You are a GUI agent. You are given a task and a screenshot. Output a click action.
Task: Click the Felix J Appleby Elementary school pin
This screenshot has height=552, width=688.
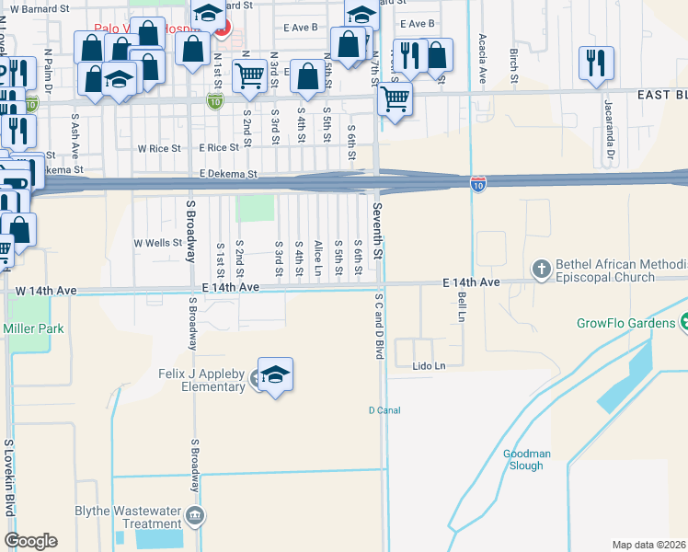(275, 374)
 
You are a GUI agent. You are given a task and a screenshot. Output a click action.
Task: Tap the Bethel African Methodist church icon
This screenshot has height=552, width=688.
(542, 268)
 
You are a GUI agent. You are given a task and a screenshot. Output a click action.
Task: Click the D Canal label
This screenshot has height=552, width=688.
(384, 410)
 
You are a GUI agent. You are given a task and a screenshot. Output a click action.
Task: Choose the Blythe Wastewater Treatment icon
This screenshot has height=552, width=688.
(193, 514)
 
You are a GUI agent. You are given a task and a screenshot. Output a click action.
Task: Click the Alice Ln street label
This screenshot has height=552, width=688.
(318, 259)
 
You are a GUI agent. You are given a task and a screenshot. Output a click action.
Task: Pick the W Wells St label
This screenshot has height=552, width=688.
(158, 243)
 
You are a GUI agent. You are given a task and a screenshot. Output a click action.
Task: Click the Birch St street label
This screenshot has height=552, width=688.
(513, 63)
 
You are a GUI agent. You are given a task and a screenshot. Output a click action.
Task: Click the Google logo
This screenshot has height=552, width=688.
(30, 541)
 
